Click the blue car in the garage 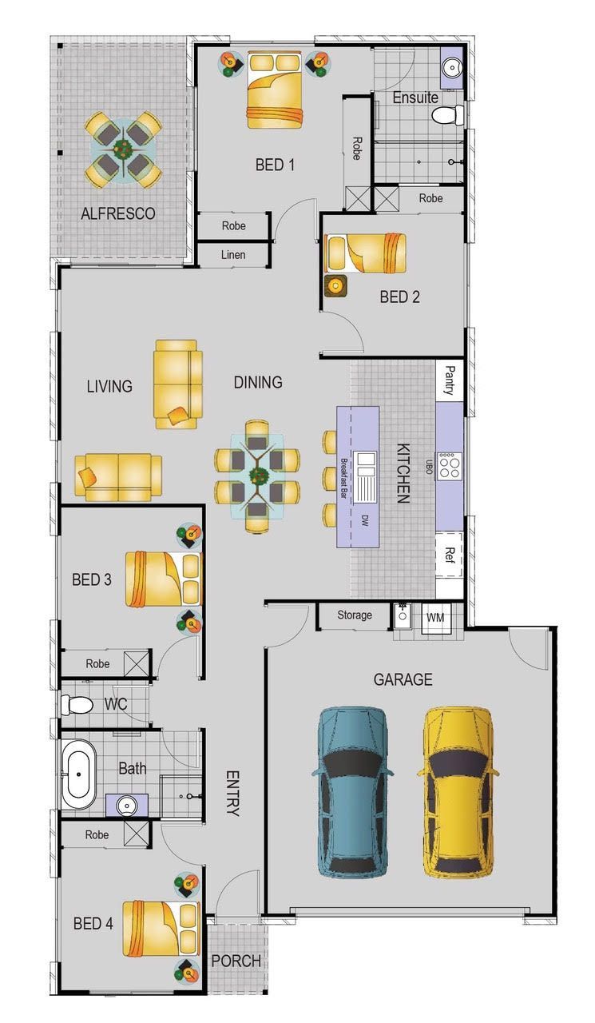tap(352, 792)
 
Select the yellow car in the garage tap(458, 792)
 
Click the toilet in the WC tap(77, 704)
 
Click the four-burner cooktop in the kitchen tap(450, 466)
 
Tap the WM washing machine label tap(435, 618)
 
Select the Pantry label tap(450, 380)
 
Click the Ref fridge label tap(450, 555)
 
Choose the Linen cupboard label tap(233, 255)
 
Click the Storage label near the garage tap(355, 615)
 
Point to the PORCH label tap(236, 961)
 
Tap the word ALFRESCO tap(118, 213)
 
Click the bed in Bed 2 tap(365, 253)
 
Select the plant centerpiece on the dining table tap(258, 476)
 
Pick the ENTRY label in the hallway tap(232, 794)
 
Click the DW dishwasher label tap(364, 520)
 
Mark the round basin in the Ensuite tap(450, 68)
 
